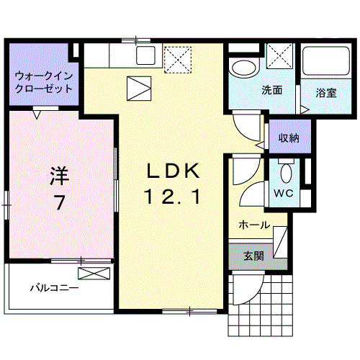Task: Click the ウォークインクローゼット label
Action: [44, 81]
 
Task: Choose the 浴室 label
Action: [326, 92]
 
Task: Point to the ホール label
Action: [254, 225]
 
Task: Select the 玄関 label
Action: [252, 256]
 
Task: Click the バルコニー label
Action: [54, 288]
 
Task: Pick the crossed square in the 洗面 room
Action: [279, 56]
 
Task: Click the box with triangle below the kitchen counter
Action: [139, 88]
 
